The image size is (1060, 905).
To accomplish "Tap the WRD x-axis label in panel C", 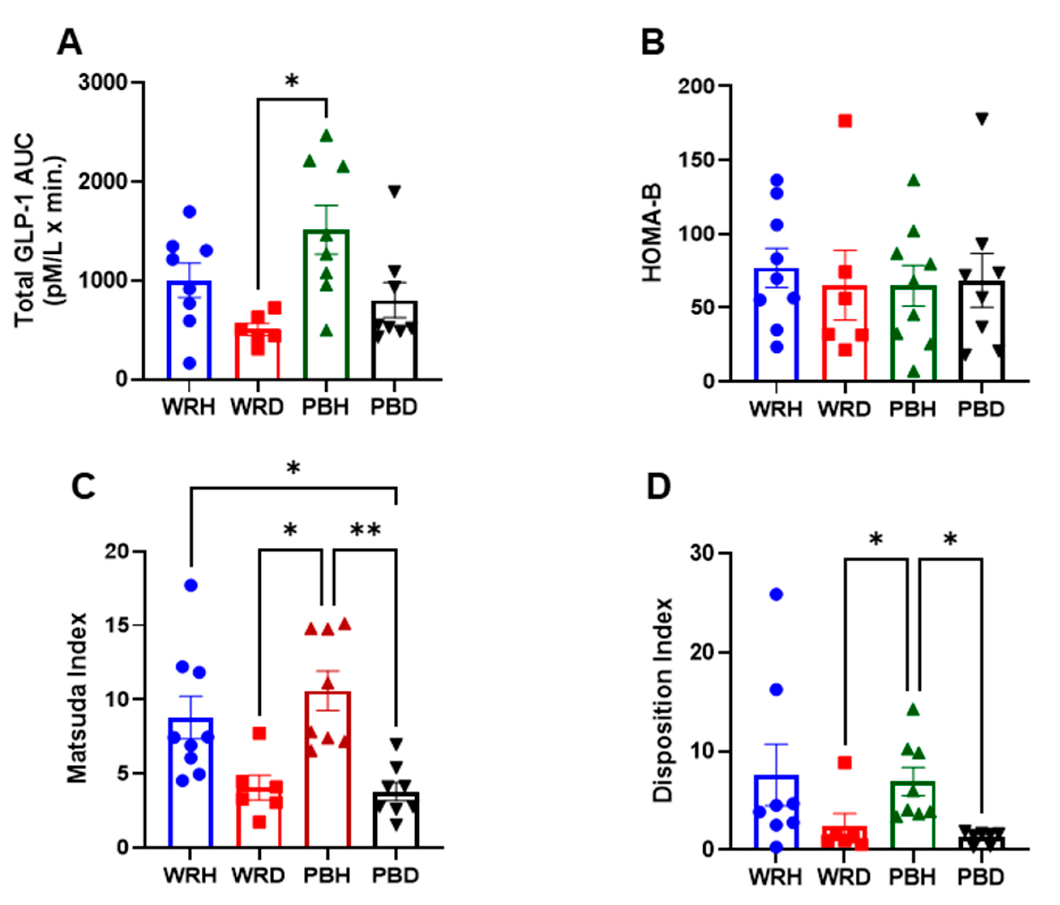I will click(x=259, y=875).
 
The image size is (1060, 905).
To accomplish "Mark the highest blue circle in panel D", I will click(x=777, y=594).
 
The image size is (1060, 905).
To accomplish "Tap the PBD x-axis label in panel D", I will click(x=981, y=877).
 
